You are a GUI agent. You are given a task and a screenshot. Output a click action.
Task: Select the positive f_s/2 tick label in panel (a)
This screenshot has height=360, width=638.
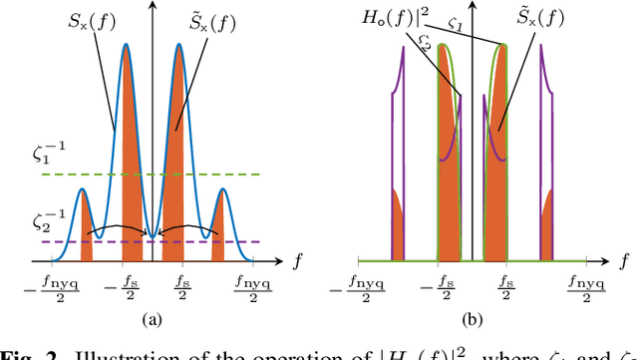pyautogui.click(x=181, y=284)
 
